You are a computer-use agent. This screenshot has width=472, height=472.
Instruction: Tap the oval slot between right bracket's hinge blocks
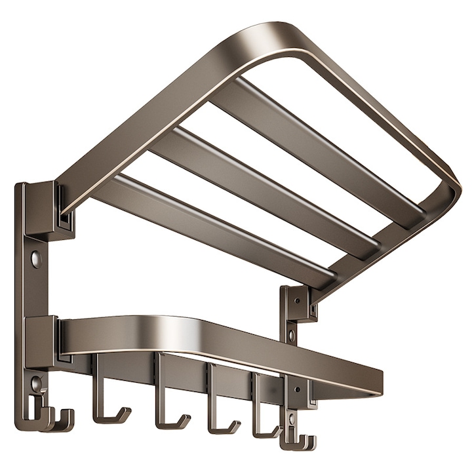pyautogui.click(x=292, y=336)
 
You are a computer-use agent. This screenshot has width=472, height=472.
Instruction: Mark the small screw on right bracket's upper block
pyautogui.click(x=296, y=301)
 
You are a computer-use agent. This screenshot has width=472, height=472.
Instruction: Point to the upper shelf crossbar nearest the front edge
pyautogui.click(x=315, y=151)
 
